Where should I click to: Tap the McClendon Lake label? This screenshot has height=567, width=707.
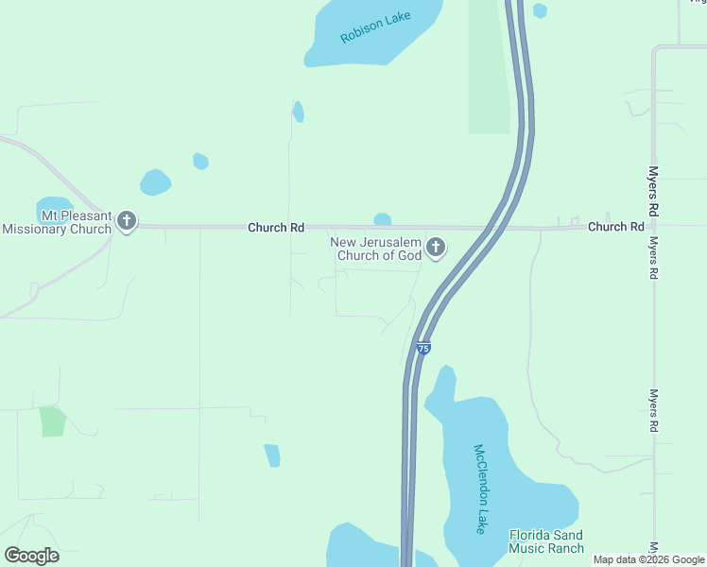click(x=481, y=489)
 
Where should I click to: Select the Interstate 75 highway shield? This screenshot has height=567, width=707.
click(x=423, y=349)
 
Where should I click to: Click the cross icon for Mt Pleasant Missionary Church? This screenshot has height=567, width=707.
click(x=127, y=222)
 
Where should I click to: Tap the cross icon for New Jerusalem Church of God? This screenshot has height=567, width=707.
click(x=435, y=248)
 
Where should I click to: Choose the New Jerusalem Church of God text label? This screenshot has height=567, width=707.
click(x=375, y=249)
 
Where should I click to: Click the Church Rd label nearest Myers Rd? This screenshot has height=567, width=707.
click(x=615, y=227)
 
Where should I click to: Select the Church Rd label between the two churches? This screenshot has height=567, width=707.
click(x=276, y=228)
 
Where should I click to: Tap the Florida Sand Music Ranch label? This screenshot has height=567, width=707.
click(x=546, y=541)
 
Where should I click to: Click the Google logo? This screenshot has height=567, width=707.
click(x=31, y=555)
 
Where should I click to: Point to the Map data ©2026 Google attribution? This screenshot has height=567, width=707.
click(x=649, y=559)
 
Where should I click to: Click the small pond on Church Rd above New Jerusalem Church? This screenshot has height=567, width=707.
click(x=382, y=219)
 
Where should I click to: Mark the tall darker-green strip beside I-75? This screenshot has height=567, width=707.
click(x=489, y=66)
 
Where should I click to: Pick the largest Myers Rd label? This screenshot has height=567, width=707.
click(x=653, y=189)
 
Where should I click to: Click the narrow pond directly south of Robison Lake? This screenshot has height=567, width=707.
click(x=298, y=112)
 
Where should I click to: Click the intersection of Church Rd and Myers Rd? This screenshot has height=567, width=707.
click(x=653, y=227)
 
